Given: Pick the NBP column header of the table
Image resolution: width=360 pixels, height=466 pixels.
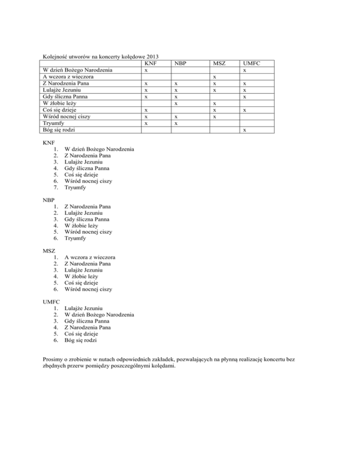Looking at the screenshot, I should point(180,63).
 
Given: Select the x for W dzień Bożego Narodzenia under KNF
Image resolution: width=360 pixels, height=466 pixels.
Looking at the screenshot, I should point(146,70).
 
